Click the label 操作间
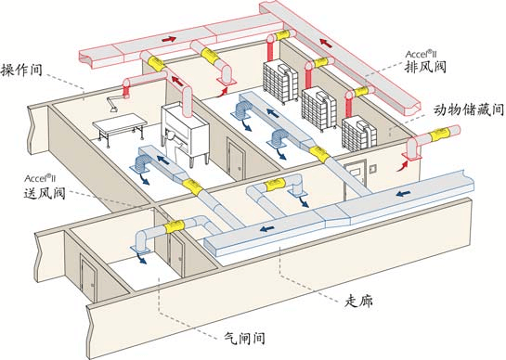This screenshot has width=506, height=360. [20, 70]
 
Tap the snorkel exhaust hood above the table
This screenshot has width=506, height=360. [119, 91]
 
